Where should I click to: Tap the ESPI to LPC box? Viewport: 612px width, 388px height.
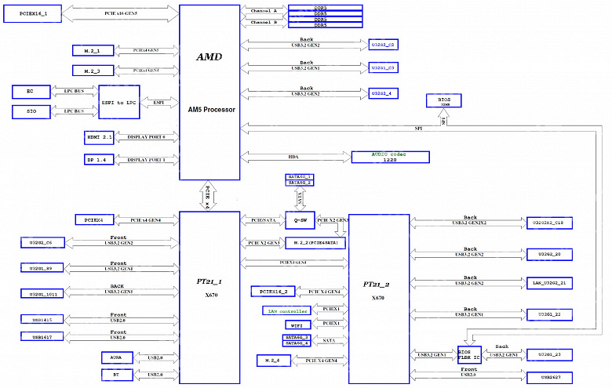click(x=118, y=102)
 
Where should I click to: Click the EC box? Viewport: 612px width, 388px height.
click(x=31, y=92)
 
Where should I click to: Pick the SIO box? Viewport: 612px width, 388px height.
click(x=31, y=112)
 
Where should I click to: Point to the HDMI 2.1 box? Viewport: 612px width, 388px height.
click(x=100, y=136)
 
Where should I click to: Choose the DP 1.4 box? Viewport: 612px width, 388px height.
click(x=100, y=159)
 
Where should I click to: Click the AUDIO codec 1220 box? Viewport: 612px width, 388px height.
click(x=390, y=156)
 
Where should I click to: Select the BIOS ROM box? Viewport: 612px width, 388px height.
click(x=443, y=100)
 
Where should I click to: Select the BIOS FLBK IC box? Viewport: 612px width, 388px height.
click(x=468, y=354)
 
